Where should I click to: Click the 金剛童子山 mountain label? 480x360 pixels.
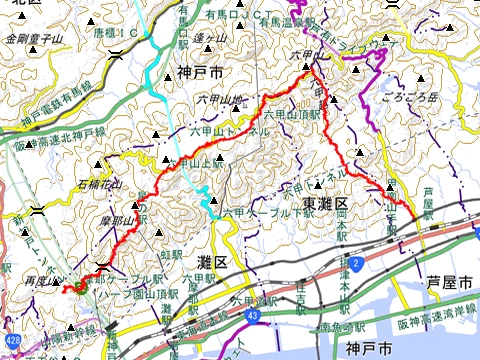34,39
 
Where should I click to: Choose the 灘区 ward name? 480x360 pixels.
214,261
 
